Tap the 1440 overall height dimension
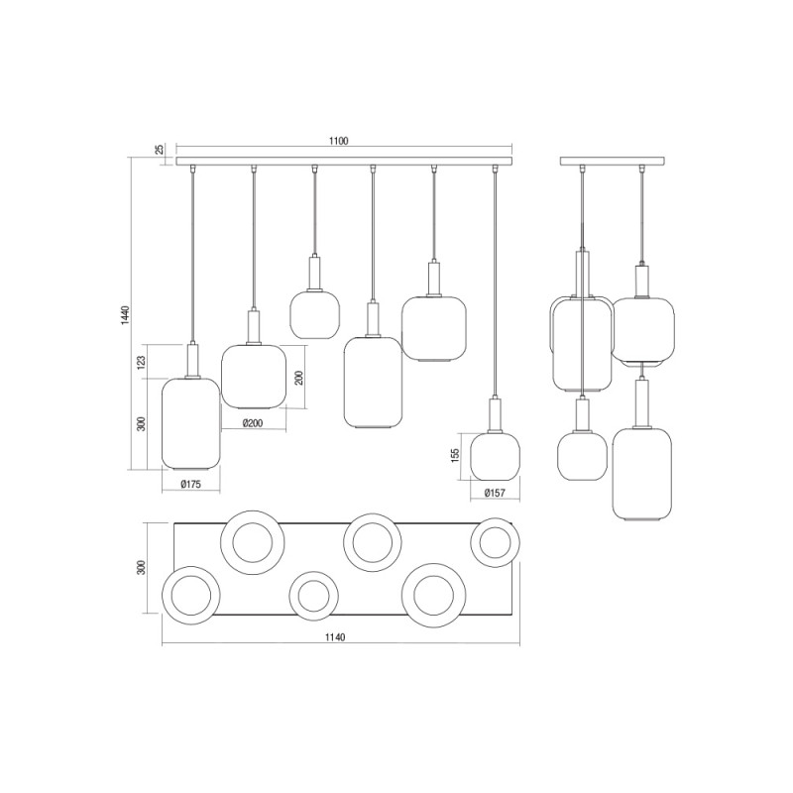[125, 314]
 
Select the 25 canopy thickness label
[160, 149]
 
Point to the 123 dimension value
[142, 363]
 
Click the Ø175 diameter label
[191, 484]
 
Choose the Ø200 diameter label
[253, 423]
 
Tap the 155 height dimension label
[456, 454]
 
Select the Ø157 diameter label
[496, 494]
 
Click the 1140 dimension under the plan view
[334, 637]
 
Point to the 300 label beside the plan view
[142, 567]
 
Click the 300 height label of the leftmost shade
[142, 423]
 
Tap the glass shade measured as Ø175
[189, 423]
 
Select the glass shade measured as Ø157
[496, 456]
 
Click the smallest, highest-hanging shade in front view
[315, 313]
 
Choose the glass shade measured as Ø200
[253, 376]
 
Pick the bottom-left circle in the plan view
[193, 596]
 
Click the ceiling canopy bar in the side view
[614, 162]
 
